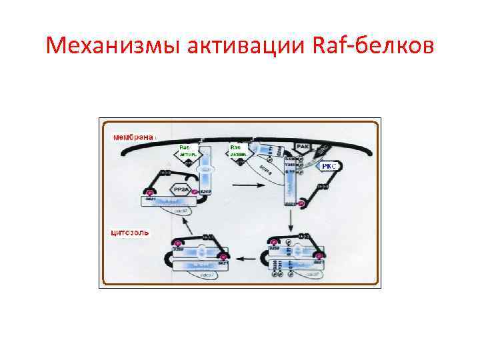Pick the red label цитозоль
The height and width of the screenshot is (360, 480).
[x=129, y=233]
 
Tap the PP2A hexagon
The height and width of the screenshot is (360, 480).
[x=180, y=190]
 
